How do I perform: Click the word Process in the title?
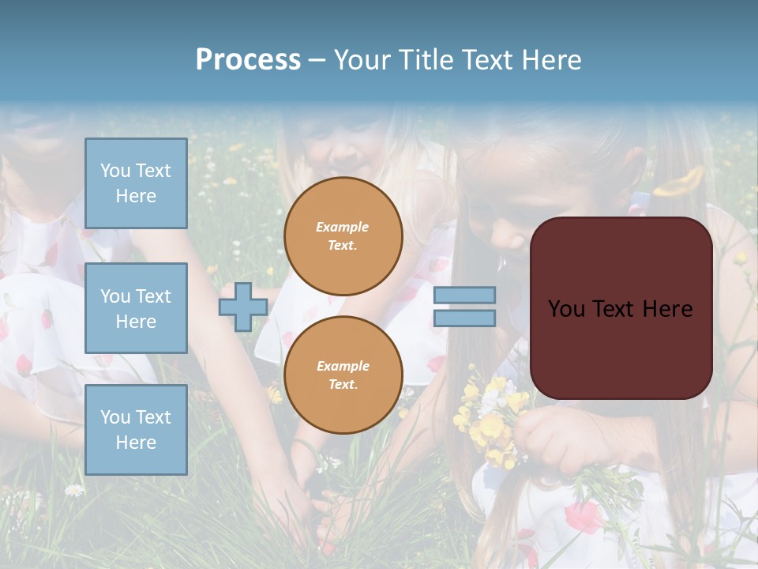(248, 60)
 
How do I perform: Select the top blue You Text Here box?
(136, 183)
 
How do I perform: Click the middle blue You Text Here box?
(136, 308)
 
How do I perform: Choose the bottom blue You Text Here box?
(136, 429)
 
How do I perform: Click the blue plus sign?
(243, 307)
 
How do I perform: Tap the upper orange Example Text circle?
(343, 236)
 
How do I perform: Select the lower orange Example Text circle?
(343, 375)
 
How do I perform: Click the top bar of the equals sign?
(464, 296)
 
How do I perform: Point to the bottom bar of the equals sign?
(464, 318)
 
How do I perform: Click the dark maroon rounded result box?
(621, 348)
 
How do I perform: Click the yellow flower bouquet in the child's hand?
(490, 419)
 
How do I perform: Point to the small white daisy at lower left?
(74, 490)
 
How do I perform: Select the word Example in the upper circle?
(343, 227)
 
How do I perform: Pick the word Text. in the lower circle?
(343, 384)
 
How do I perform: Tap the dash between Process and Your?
(317, 60)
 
